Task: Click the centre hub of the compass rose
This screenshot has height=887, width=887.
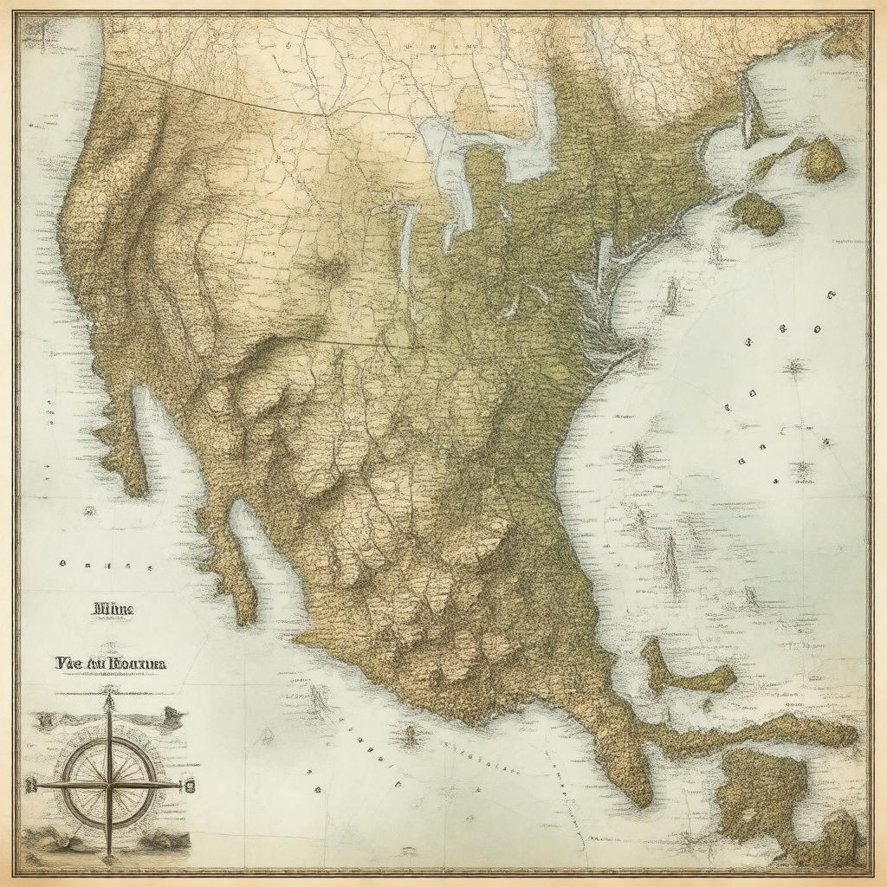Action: point(109,783)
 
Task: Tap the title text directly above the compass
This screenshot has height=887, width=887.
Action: point(110,664)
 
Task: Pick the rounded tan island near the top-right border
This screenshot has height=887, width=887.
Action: point(823,159)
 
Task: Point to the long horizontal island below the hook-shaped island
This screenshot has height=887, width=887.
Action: point(762,732)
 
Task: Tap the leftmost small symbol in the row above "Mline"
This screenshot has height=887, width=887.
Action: point(64,564)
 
